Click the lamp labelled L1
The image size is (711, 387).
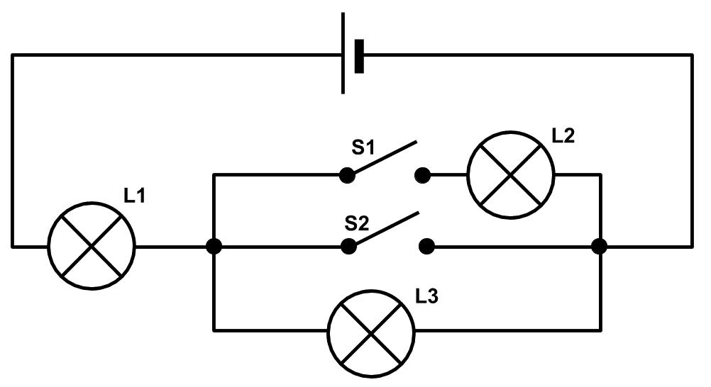click(92, 246)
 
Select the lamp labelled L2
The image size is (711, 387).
click(511, 175)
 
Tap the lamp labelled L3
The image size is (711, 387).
click(371, 334)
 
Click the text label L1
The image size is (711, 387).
click(134, 196)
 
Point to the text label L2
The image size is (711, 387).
click(563, 135)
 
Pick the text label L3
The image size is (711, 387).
click(426, 296)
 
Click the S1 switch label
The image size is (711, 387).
click(363, 147)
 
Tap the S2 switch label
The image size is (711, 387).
click(357, 223)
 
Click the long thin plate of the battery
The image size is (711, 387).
click(343, 53)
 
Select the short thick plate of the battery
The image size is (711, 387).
click(359, 56)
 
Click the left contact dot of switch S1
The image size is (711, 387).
click(347, 175)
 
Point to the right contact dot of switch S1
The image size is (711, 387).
click(423, 175)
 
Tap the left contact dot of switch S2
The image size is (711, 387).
click(348, 247)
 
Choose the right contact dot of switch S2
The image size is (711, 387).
click(426, 247)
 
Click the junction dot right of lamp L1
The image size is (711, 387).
click(214, 247)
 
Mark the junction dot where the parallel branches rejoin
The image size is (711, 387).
click(600, 247)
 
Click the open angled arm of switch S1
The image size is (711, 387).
click(385, 157)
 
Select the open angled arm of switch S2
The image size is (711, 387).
click(386, 229)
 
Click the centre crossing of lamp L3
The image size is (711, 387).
click(371, 334)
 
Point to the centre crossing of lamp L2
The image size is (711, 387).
click(511, 175)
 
